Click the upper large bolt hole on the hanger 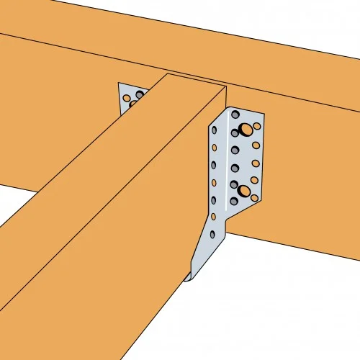tap(246, 130)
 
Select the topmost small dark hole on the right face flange tap(235, 115)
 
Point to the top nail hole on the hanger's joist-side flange tap(215, 130)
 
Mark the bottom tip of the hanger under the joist tap(189, 277)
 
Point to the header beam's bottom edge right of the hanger tap(302, 248)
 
